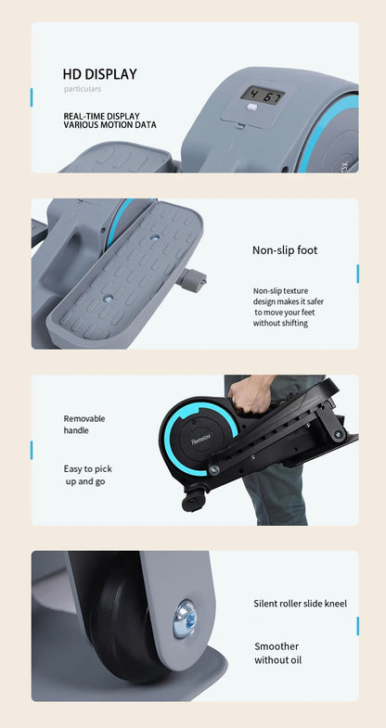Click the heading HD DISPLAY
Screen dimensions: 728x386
[x=99, y=74]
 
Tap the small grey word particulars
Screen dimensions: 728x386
[x=83, y=89]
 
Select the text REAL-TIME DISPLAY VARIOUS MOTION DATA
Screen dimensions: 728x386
[x=109, y=121]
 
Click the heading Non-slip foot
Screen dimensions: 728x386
[x=285, y=249]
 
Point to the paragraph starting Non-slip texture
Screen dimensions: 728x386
[x=289, y=307]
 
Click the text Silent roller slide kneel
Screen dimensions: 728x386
[x=300, y=604]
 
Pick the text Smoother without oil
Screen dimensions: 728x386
[x=277, y=653]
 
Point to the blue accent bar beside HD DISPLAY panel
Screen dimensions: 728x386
[x=32, y=97]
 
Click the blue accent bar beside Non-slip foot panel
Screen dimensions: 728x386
[x=357, y=274]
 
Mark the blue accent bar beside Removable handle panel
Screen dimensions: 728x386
[x=32, y=450]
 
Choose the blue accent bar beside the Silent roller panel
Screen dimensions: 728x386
[x=357, y=626]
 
